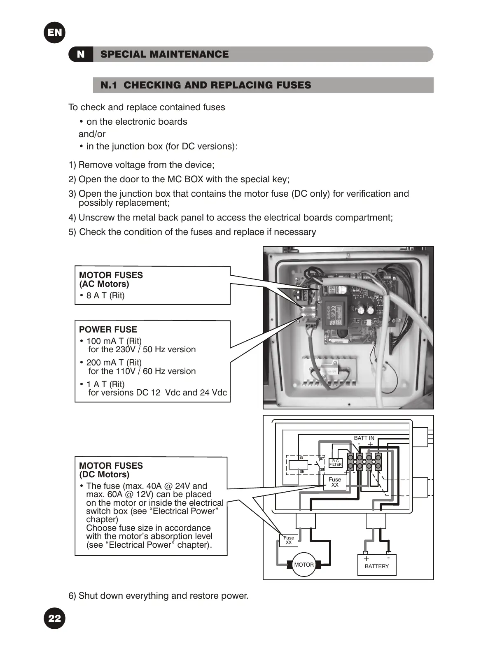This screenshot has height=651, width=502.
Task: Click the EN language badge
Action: point(54,32)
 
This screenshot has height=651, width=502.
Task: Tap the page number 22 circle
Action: point(54,618)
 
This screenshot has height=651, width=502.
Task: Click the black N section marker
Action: point(81,54)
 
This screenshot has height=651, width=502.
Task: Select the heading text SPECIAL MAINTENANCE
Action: point(164,54)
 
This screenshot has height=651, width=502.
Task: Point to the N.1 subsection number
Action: point(109,85)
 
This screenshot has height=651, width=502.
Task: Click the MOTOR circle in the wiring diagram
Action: point(304,565)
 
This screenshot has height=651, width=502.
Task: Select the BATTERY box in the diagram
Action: point(376,565)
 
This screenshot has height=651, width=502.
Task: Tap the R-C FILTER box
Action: point(336,463)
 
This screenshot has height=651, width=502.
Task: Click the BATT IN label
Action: point(364,438)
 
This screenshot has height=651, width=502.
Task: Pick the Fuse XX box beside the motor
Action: point(289,540)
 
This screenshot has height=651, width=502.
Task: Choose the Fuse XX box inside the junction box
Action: point(335,482)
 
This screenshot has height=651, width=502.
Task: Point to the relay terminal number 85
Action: point(301,458)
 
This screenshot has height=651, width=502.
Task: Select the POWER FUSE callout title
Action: point(108,329)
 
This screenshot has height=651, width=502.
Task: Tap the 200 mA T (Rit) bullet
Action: point(113,363)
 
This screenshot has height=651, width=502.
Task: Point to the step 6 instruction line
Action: point(159,595)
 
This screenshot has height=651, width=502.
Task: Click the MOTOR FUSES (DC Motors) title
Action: point(111,470)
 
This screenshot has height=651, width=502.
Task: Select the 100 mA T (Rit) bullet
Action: point(113,341)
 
